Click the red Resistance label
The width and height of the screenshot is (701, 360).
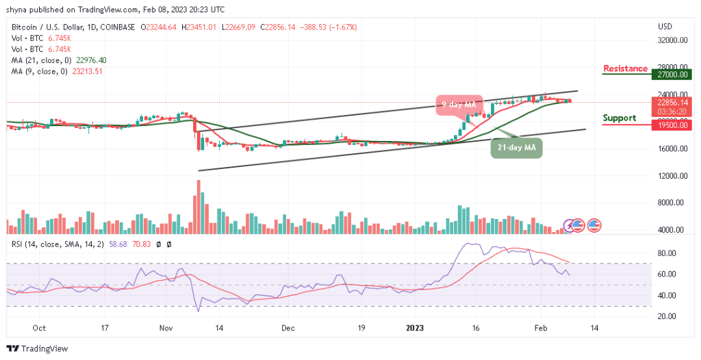point(625,68)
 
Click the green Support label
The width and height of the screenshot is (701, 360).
point(620,118)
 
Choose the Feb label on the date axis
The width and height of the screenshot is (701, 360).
point(540,329)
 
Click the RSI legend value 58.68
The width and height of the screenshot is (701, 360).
point(114,244)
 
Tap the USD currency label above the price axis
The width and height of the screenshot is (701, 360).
point(665,27)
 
